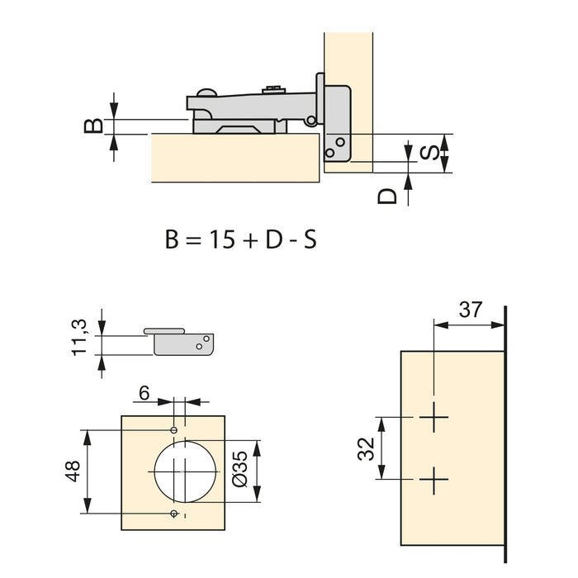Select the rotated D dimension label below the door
pyautogui.click(x=387, y=196)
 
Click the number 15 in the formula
pyautogui.click(x=220, y=240)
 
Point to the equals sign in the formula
pyautogui.click(x=192, y=241)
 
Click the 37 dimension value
pyautogui.click(x=470, y=310)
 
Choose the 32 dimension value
pyautogui.click(x=367, y=448)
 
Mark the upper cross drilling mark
pyautogui.click(x=433, y=419)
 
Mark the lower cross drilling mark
pyautogui.click(x=433, y=479)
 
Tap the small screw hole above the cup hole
pyautogui.click(x=173, y=430)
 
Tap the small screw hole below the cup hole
pyautogui.click(x=173, y=514)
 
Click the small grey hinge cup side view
pyautogui.click(x=183, y=342)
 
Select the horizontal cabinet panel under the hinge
pyautogui.click(x=235, y=159)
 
